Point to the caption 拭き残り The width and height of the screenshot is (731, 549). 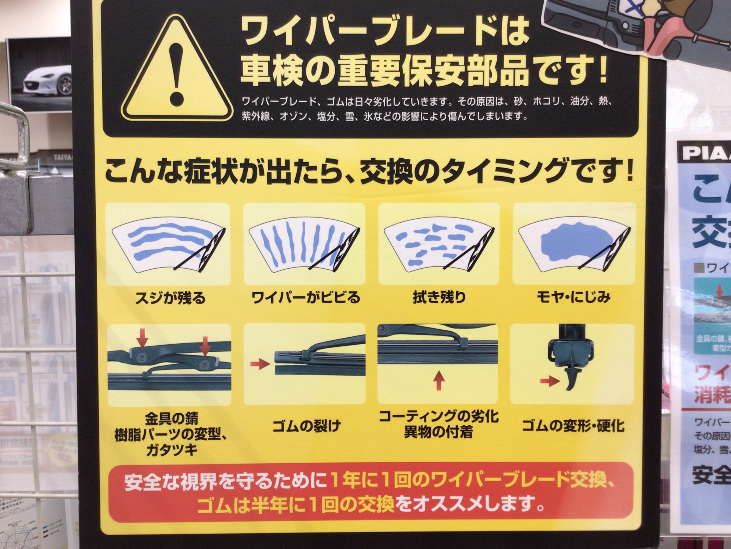[x=439, y=297]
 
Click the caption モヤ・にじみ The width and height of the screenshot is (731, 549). [x=573, y=297]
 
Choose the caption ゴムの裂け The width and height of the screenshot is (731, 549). [x=306, y=426]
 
